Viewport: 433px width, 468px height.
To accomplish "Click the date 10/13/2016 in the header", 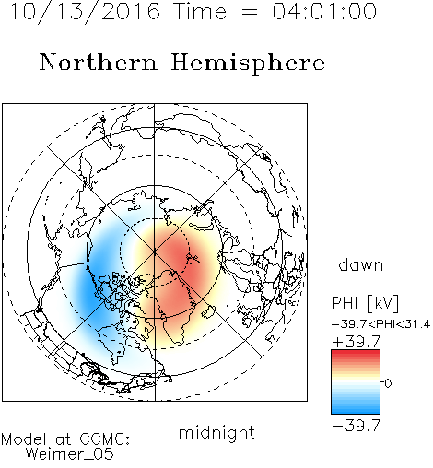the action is pos(85,12).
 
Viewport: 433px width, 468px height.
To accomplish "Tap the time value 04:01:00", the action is pos(324,11).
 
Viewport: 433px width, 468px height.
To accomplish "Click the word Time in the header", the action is pos(200,11).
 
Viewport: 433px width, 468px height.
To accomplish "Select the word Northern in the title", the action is pos(99,62).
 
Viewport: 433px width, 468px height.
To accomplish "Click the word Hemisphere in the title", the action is pos(248,64).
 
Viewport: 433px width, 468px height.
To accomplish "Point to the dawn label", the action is pos(361,264).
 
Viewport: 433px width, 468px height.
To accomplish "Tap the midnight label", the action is pos(216,433).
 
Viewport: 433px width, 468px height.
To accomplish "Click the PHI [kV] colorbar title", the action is pos(365,303).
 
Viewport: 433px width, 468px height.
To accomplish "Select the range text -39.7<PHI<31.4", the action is pos(381,324).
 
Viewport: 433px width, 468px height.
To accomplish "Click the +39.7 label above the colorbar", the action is pos(357,342).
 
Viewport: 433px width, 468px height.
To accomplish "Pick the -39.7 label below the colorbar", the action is pos(357,426).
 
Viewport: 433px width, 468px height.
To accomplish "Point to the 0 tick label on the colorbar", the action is pos(388,383).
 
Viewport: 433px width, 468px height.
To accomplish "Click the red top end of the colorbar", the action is pos(356,353).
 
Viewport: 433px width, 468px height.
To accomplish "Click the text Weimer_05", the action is pos(70,454).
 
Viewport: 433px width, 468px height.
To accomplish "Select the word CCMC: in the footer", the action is pos(105,439).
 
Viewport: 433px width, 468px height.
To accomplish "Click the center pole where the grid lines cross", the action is pos(155,252).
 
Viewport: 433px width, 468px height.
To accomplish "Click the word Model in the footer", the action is pos(24,439).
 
